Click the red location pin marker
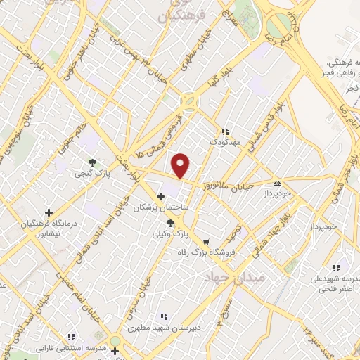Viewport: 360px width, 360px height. pyautogui.click(x=181, y=166)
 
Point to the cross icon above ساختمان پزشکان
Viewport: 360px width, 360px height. pyautogui.click(x=161, y=196)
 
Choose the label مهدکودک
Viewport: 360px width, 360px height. pyautogui.click(x=224, y=143)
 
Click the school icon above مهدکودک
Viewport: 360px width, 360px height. pyautogui.click(x=225, y=131)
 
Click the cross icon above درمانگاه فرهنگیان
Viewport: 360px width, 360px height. pyautogui.click(x=49, y=212)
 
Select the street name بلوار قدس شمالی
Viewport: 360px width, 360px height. pyautogui.click(x=265, y=126)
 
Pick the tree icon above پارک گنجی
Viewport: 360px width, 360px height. pyautogui.click(x=93, y=162)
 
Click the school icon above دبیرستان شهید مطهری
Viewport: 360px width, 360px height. pyautogui.click(x=164, y=317)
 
